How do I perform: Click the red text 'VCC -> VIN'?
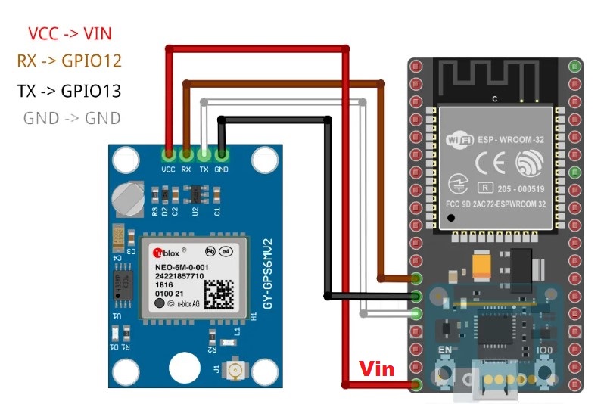[x=71, y=33]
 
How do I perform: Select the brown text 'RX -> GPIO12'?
[x=69, y=61]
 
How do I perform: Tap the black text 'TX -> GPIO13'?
[x=69, y=91]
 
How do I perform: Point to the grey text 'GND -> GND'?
[x=72, y=118]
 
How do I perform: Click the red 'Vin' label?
[x=376, y=368]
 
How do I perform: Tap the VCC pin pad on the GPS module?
[x=168, y=155]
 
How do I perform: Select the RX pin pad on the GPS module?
[x=186, y=155]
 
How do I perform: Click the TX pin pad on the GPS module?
[x=204, y=155]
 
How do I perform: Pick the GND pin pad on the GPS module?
[x=221, y=155]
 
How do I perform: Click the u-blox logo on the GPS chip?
[x=166, y=253]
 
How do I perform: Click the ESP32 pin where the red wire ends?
[x=416, y=385]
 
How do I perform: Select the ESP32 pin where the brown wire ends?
[x=416, y=279]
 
